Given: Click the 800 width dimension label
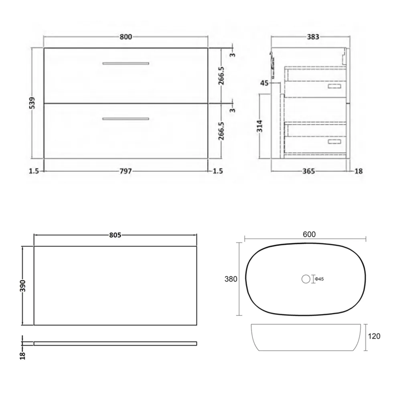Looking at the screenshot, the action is (126, 37).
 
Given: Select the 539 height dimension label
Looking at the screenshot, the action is (32, 103).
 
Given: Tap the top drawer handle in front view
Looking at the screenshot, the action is (126, 63).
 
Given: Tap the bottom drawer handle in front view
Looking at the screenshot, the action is (126, 119).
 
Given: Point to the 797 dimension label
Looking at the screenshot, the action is (126, 171).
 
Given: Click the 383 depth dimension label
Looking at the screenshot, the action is (313, 37).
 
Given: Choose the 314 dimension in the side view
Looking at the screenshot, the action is (260, 126).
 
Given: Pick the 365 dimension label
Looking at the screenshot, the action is (308, 171).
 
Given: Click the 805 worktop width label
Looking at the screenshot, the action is (115, 235).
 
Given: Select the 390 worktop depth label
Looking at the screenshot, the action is (22, 286).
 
